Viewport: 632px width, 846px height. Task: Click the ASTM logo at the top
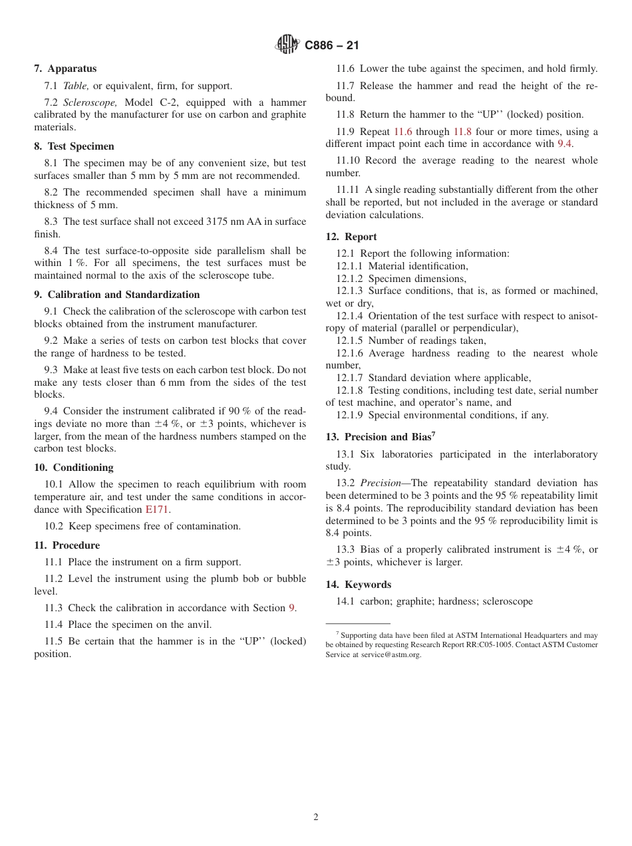point(287,45)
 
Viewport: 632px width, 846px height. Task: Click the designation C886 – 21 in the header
point(332,46)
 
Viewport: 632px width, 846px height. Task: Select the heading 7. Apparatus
point(65,69)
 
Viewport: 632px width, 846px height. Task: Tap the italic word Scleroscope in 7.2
point(90,102)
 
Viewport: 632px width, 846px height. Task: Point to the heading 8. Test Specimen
point(74,146)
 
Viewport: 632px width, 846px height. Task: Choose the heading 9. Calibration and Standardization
point(117,295)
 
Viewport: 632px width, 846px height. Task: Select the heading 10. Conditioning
point(74,468)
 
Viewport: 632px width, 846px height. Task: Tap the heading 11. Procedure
point(67,545)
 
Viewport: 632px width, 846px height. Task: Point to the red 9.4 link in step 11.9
point(564,144)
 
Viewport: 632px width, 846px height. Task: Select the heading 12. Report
point(351,237)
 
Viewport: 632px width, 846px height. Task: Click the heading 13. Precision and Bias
point(380,437)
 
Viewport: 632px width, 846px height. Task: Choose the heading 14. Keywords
point(359,585)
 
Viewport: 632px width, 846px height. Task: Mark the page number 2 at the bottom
point(316,817)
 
